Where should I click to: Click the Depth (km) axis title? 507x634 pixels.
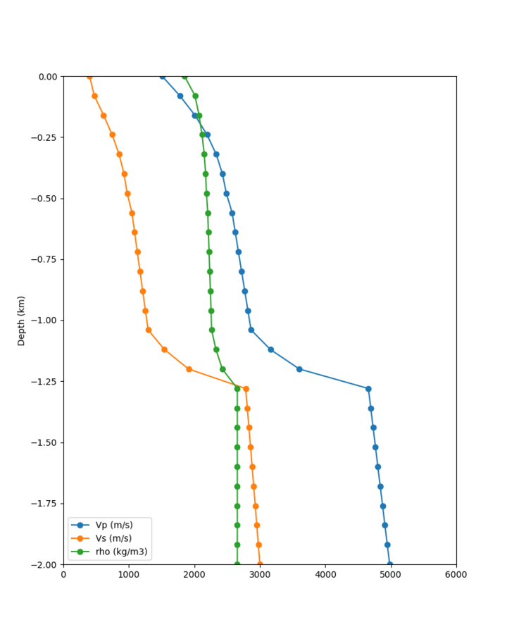pyautogui.click(x=21, y=321)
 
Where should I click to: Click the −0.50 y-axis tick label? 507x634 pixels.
pyautogui.click(x=44, y=199)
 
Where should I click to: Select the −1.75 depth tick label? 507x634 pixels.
pyautogui.click(x=44, y=504)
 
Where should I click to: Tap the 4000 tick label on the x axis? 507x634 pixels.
pyautogui.click(x=325, y=575)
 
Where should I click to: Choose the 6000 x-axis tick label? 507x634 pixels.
pyautogui.click(x=456, y=575)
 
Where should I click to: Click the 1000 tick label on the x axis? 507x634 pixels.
pyautogui.click(x=129, y=575)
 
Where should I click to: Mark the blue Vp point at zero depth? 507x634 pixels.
pyautogui.click(x=162, y=76)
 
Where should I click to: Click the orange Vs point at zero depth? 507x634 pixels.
pyautogui.click(x=89, y=76)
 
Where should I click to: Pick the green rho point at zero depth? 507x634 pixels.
pyautogui.click(x=184, y=76)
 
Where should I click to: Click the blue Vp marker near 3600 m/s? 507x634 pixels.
pyautogui.click(x=299, y=369)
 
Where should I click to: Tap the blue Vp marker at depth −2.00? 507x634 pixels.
pyautogui.click(x=390, y=564)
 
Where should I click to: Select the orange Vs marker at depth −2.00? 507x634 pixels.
pyautogui.click(x=260, y=564)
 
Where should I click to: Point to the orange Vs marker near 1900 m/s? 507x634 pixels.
pyautogui.click(x=189, y=369)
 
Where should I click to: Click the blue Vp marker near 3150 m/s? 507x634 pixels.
pyautogui.click(x=270, y=349)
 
